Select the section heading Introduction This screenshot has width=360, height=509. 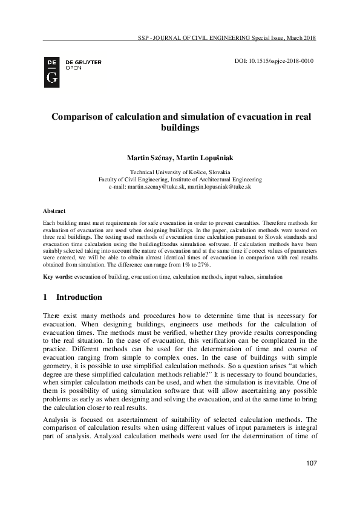(x=79, y=297)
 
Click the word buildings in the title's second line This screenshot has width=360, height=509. (x=180, y=128)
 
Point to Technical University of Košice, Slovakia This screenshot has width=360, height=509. (x=180, y=172)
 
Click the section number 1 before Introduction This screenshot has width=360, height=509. (x=46, y=297)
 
